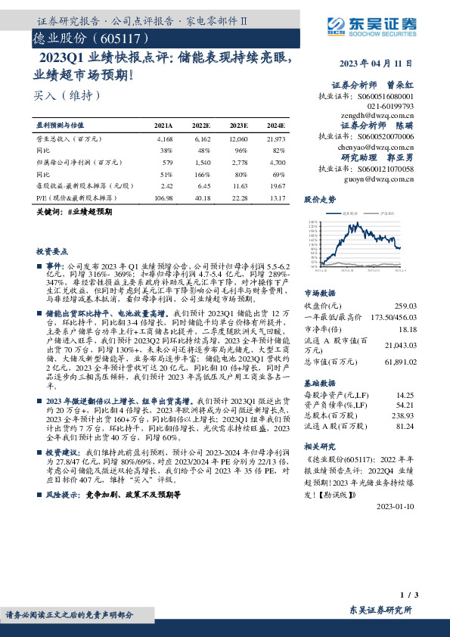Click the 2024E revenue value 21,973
click(275, 140)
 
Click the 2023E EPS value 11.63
click(239, 185)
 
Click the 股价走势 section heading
click(319, 200)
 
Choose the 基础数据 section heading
click(319, 383)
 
